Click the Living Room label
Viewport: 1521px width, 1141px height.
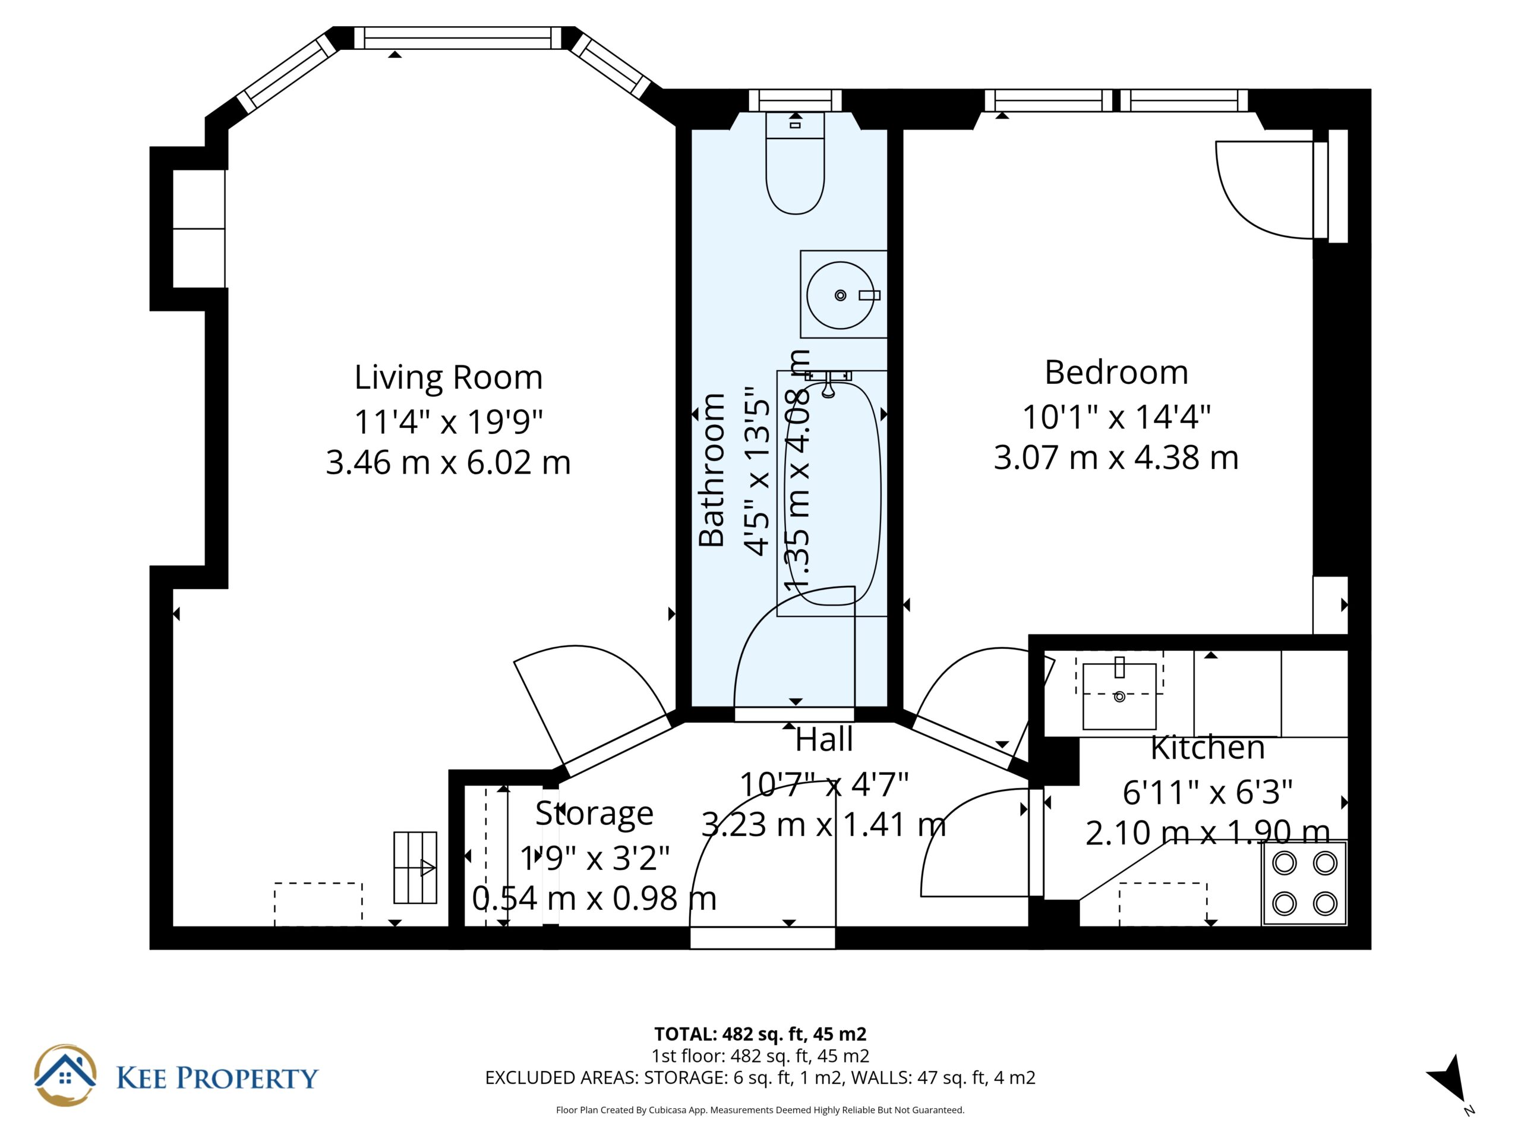click(x=449, y=377)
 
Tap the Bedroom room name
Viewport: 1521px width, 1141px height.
click(x=1116, y=373)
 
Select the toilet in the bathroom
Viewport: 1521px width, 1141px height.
click(x=795, y=163)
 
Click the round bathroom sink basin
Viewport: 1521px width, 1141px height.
click(x=840, y=295)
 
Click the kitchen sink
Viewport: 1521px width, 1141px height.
click(x=1119, y=696)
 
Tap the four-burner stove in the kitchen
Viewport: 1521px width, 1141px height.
click(x=1304, y=883)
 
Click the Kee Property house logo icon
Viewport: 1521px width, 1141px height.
click(x=65, y=1076)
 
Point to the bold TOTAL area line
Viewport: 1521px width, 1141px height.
click(x=760, y=1033)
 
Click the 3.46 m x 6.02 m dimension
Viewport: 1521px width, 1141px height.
click(x=449, y=462)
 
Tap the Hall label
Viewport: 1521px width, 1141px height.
click(x=823, y=740)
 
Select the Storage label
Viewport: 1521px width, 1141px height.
click(x=594, y=814)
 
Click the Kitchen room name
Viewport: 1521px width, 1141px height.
click(x=1207, y=748)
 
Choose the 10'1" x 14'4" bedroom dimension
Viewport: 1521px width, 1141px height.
click(x=1116, y=417)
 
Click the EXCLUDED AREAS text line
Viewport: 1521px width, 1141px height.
click(x=760, y=1078)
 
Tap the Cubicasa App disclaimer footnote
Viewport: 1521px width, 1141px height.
click(x=760, y=1110)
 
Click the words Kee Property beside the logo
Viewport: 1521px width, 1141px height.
click(x=217, y=1078)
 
